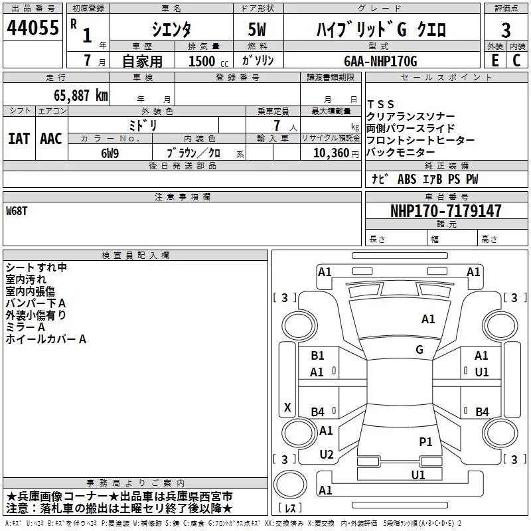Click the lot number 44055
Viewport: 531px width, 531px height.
[32, 28]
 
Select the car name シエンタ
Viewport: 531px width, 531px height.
[171, 29]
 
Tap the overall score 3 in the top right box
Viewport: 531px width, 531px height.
[506, 30]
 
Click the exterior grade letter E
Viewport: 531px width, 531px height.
[494, 60]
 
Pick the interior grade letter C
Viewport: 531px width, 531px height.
[516, 60]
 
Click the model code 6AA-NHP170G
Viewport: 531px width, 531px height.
[380, 61]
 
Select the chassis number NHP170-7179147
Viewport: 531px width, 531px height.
[445, 211]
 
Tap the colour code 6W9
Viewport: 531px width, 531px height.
[110, 153]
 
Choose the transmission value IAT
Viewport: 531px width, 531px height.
[19, 138]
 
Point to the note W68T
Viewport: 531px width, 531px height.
[18, 210]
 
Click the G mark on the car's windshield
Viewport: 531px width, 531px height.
[419, 349]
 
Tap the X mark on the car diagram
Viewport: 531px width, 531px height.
[287, 407]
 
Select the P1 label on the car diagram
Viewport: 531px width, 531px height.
[425, 441]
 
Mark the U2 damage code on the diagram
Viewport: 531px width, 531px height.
[326, 455]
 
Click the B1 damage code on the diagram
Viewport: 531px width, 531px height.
[317, 356]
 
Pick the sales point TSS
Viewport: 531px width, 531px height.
[381, 104]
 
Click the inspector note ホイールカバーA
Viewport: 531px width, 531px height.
[46, 339]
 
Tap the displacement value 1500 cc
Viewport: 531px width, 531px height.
[206, 61]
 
